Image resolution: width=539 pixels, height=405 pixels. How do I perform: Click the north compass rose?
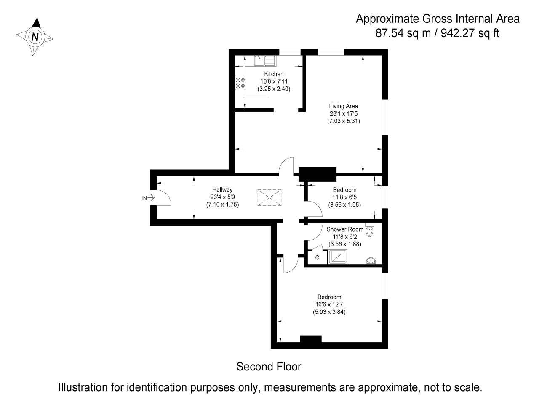click(x=35, y=37)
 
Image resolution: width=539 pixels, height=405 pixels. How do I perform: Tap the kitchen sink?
click(x=265, y=61)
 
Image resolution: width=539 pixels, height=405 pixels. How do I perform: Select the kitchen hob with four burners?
click(x=240, y=83)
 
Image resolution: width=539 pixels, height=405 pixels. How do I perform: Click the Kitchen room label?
click(x=274, y=74)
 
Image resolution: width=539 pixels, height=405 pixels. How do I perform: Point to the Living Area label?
click(x=344, y=106)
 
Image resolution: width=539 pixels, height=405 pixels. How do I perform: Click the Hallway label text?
click(x=222, y=190)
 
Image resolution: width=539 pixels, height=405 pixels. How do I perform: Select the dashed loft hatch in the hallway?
click(x=269, y=197)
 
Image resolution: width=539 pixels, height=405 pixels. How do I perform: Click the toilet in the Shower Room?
click(x=370, y=230)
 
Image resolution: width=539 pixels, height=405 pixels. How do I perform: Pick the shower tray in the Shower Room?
click(x=338, y=257)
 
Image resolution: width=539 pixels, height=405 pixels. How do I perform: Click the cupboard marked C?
click(x=317, y=257)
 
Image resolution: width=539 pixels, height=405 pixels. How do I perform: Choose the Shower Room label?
click(x=345, y=229)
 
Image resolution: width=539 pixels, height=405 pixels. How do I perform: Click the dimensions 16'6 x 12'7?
click(x=329, y=304)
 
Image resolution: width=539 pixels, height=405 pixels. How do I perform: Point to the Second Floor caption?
click(x=269, y=367)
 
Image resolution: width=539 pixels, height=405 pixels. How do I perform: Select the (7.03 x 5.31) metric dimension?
click(x=344, y=121)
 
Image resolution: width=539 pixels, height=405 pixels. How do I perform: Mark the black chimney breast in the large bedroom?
click(x=310, y=339)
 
